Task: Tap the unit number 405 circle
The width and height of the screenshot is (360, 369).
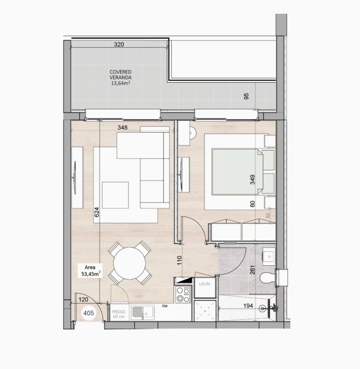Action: pyautogui.click(x=89, y=313)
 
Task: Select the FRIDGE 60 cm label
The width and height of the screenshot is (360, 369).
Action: pyautogui.click(x=119, y=314)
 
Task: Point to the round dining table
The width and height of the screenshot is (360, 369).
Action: pyautogui.click(x=129, y=263)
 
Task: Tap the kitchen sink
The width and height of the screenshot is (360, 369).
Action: pyautogui.click(x=143, y=313)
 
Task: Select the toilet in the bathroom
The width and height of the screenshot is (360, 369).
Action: pyautogui.click(x=268, y=278)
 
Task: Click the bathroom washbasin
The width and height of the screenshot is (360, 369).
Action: pyautogui.click(x=269, y=256)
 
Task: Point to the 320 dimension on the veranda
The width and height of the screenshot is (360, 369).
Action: pyautogui.click(x=119, y=44)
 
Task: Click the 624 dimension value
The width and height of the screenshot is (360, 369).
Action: pyautogui.click(x=97, y=212)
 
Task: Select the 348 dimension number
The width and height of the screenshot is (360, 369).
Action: pyautogui.click(x=123, y=128)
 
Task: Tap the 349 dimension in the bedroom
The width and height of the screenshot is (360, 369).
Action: pyautogui.click(x=252, y=180)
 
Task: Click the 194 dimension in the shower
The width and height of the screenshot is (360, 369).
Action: pyautogui.click(x=248, y=306)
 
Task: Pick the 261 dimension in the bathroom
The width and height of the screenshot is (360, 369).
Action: pyautogui.click(x=252, y=270)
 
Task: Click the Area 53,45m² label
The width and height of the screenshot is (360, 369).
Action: pyautogui.click(x=91, y=271)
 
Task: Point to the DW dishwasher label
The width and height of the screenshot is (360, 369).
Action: pyautogui.click(x=164, y=306)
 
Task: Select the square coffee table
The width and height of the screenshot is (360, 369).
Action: pyautogui.click(x=115, y=195)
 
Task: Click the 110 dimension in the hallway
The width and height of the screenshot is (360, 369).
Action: pyautogui.click(x=180, y=260)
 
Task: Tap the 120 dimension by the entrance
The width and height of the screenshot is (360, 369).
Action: pyautogui.click(x=84, y=299)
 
